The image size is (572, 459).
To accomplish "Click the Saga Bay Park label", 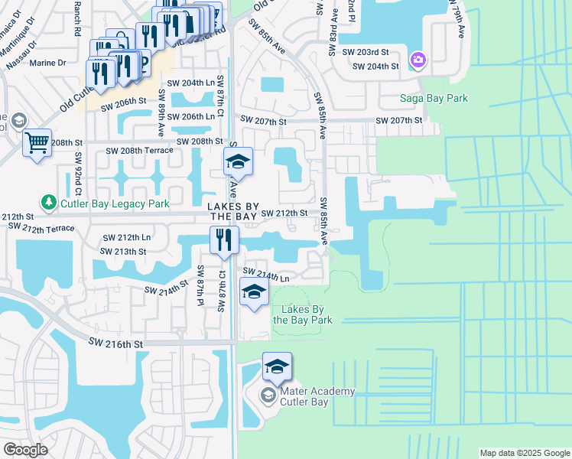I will [x=434, y=98].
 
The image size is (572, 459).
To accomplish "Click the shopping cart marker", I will [x=37, y=142].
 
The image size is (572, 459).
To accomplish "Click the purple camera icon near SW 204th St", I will [x=418, y=60].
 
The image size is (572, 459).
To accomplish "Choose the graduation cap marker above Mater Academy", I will [x=277, y=366].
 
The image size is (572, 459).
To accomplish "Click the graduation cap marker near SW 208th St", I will [x=238, y=161].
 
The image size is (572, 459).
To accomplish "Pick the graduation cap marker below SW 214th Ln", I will [x=254, y=291].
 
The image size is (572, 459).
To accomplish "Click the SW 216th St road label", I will [x=116, y=345].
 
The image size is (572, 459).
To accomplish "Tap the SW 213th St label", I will [x=126, y=251].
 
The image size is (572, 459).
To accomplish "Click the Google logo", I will [x=24, y=450].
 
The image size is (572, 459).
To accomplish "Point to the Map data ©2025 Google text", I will [x=524, y=453].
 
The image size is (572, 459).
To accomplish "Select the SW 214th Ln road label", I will [x=266, y=273].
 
